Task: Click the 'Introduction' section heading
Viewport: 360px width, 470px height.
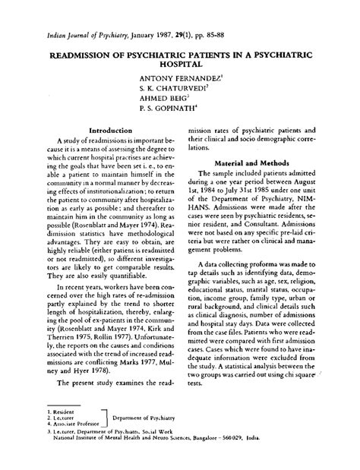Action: (112, 130)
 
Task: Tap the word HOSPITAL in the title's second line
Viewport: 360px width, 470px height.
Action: (181, 65)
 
